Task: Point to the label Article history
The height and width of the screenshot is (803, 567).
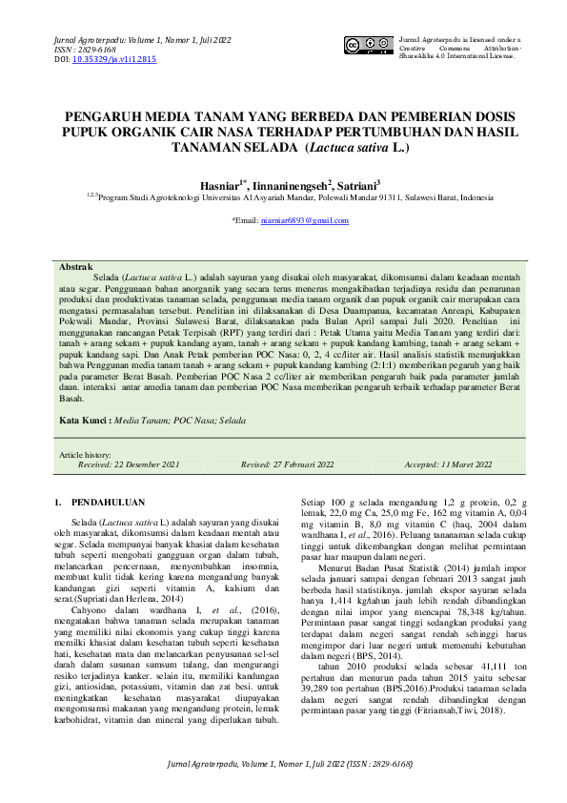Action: (85, 455)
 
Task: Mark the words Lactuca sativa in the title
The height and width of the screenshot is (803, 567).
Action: (350, 149)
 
